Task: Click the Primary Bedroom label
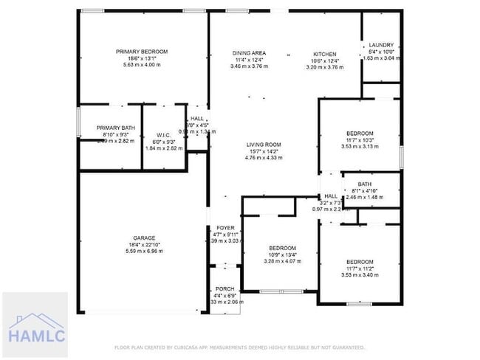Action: pos(142,51)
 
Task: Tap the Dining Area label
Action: pos(249,53)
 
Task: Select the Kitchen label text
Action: pos(325,54)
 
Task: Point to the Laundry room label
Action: pos(382,44)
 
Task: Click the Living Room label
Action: pos(264,144)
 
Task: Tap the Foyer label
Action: pos(225,228)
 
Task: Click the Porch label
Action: pos(224,289)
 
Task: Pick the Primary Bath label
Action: pos(116,128)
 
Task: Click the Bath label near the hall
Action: pos(364,184)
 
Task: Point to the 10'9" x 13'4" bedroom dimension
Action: pos(282,255)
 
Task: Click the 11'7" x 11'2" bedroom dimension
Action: pos(360,269)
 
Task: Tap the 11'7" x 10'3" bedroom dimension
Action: pos(360,139)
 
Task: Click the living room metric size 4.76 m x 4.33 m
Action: pos(264,157)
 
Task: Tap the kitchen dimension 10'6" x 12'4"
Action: pos(325,60)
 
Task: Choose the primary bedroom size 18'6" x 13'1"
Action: pos(142,58)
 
